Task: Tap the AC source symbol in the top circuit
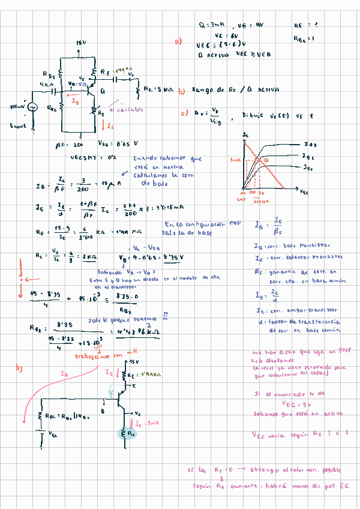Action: click(33, 107)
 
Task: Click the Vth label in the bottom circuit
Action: click(53, 433)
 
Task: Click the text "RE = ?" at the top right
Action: click(305, 26)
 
